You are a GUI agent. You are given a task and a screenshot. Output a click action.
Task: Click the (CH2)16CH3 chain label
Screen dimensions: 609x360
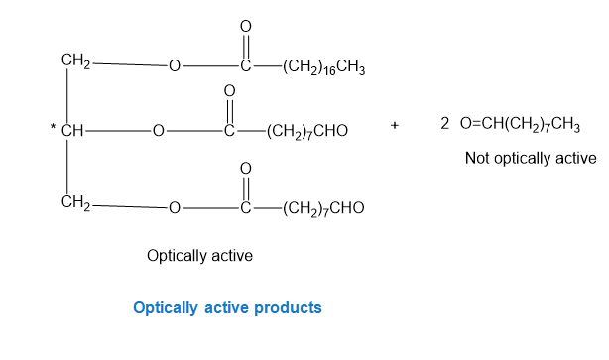coord(324,67)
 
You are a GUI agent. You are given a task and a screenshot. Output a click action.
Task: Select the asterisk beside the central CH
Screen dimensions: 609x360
coord(53,126)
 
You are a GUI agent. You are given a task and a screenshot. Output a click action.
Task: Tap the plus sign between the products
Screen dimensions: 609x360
coord(394,125)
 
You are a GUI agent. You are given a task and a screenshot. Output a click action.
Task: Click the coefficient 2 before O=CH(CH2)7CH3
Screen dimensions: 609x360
coord(444,124)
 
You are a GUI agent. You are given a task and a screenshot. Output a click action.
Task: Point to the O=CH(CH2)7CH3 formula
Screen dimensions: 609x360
coord(520,124)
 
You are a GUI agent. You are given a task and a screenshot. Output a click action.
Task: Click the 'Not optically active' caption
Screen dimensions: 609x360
coord(531,158)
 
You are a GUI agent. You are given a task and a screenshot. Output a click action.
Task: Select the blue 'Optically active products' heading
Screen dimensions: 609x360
coord(227,308)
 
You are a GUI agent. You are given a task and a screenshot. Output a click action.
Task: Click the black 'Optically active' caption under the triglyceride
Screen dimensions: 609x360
coord(199,256)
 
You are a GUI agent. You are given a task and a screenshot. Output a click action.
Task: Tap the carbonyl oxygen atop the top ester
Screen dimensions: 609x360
coord(245,27)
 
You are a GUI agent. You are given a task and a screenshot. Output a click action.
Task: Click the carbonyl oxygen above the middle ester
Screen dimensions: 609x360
coord(229,91)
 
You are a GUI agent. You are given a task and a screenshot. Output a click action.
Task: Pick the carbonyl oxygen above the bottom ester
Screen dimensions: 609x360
coord(245,169)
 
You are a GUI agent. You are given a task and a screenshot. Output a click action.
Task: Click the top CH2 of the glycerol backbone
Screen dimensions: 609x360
coord(75,60)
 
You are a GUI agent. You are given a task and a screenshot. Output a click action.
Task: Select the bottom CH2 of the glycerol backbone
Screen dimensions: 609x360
coord(75,202)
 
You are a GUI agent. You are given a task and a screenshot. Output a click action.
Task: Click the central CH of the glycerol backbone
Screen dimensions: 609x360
coord(72,131)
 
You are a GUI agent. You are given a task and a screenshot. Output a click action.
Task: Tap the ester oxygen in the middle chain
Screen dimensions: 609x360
coord(158,131)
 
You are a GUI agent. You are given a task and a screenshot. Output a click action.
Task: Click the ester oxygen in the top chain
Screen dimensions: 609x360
coord(175,66)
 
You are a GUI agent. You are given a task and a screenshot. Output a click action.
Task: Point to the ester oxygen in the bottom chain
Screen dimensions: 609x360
coord(175,208)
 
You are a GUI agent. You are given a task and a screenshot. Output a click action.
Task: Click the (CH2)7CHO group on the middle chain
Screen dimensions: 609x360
coord(307,131)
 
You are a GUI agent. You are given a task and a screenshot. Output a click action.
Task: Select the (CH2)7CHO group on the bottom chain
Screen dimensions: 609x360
coord(323,208)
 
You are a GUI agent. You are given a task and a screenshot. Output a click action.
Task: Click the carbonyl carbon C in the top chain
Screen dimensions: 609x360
coord(245,66)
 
